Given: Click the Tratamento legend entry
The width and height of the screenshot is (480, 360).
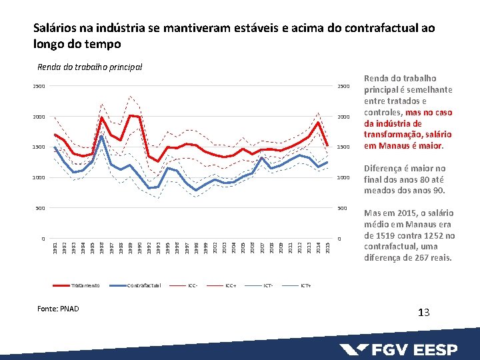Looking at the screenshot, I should [85, 285].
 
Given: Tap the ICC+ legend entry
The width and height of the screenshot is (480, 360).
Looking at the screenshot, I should [231, 285].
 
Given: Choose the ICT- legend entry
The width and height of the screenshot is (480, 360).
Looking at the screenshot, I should [268, 285].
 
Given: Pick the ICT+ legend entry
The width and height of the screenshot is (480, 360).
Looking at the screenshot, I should [306, 285].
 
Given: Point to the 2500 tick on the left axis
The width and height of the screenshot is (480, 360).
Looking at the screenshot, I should [39, 87].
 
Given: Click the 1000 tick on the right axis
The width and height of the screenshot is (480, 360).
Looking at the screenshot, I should [343, 178].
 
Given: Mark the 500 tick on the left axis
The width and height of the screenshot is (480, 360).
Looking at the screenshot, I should [41, 208].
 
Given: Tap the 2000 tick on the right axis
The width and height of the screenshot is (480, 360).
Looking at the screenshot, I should [343, 117].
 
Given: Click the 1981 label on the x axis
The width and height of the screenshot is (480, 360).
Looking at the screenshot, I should [55, 248].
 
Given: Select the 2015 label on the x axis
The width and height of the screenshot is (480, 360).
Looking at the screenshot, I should [327, 248].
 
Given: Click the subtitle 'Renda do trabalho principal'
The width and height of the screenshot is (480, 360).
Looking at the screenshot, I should [90, 67].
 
